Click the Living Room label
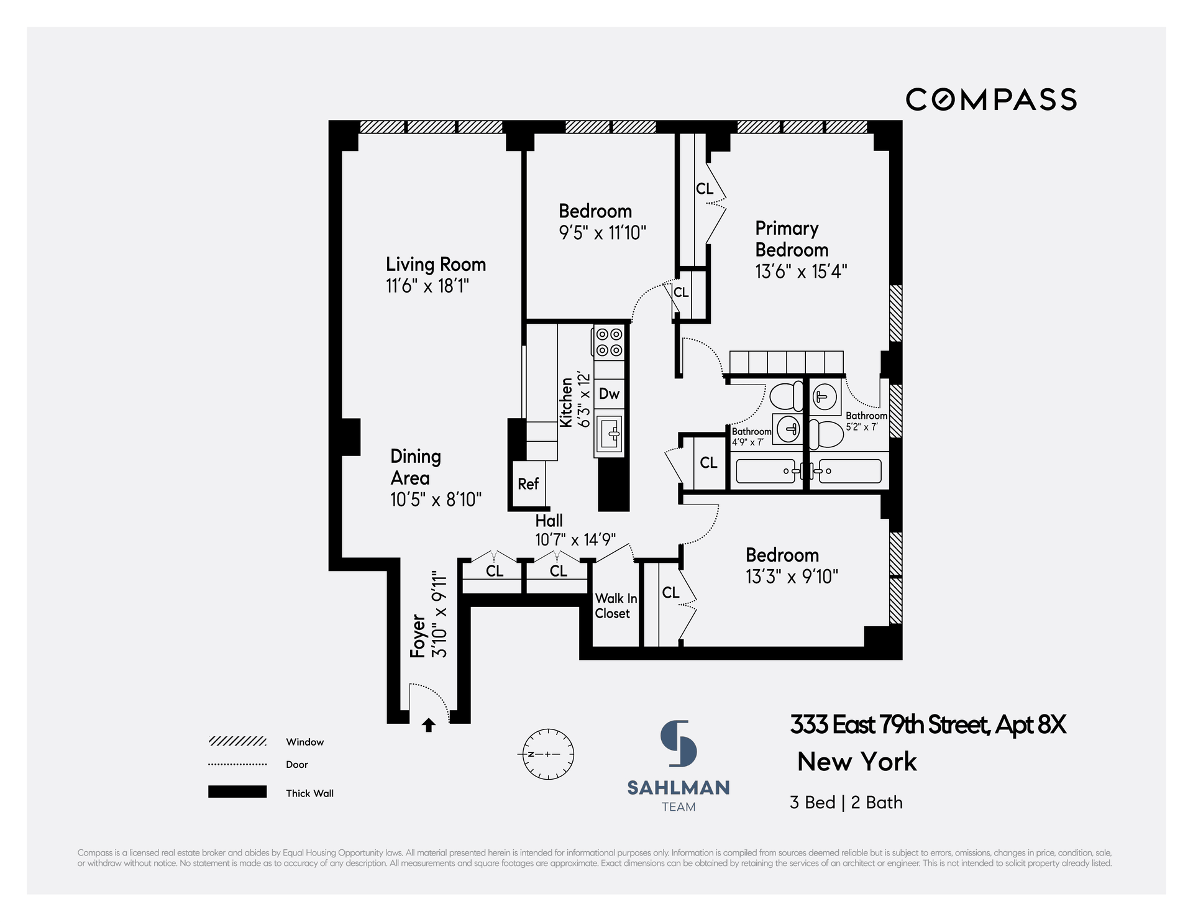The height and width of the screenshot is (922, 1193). coord(436,264)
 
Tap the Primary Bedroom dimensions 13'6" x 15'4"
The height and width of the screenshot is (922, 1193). coord(801,272)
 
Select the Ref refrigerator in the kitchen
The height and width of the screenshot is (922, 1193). coord(528,484)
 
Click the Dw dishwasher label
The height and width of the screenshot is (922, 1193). coord(609,394)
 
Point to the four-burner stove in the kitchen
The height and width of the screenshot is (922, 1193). coord(609,342)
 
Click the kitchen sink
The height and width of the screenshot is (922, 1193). coord(609,433)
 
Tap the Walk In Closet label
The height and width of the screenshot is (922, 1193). coord(616,606)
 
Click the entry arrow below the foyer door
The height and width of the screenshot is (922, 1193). coord(429,724)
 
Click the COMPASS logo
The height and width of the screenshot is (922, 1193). coord(991,100)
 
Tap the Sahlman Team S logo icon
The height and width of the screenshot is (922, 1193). coord(678,743)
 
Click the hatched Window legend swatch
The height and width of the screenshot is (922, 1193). coord(237,741)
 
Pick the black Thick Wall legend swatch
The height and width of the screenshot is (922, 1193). coord(237,792)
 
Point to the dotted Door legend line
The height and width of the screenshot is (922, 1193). coord(237,764)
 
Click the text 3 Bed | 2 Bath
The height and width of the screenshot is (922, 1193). coord(846,803)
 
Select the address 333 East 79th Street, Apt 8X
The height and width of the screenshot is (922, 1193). coord(928,725)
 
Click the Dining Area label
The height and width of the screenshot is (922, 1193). coord(416,467)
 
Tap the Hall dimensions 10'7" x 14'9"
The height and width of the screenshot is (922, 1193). coord(575,539)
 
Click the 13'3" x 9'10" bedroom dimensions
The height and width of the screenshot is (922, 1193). coord(792,577)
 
